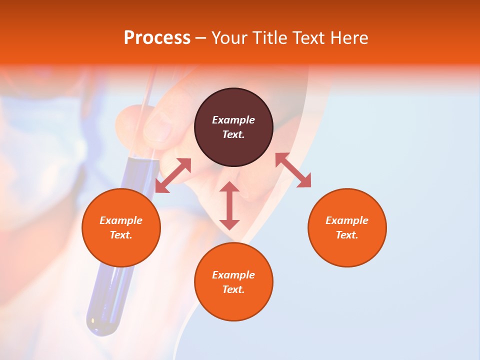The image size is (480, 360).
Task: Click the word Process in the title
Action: coord(157,38)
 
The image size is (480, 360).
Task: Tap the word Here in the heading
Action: coord(349,38)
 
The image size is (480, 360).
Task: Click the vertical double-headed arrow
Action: coord(229,205)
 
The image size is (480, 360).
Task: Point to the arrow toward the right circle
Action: coord(293,170)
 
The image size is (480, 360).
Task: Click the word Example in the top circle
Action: coord(233,120)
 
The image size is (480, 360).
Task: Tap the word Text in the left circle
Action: coord(120,235)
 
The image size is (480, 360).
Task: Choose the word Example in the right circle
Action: coord(347,220)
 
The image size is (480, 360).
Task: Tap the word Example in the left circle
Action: coord(121,220)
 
